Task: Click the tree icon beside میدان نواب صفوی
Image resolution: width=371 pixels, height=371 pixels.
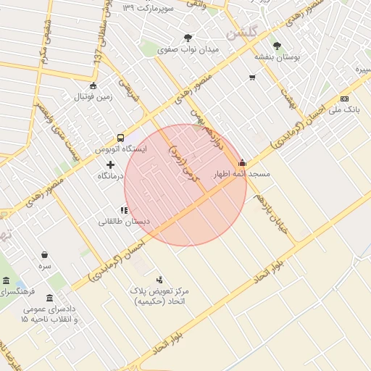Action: [188, 38]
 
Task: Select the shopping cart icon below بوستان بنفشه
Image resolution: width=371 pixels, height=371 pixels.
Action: [252, 78]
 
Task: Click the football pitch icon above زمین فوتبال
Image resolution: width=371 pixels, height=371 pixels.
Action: [93, 86]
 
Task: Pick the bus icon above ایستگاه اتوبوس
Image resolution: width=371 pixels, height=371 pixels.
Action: [120, 137]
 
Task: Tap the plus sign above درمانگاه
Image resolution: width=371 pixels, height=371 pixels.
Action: [110, 164]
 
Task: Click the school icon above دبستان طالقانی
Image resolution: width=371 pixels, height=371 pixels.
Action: [124, 211]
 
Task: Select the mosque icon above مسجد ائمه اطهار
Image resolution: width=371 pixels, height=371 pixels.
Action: [242, 163]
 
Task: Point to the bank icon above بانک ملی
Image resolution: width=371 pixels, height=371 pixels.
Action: [343, 99]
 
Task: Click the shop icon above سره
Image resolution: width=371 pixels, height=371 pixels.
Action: [46, 254]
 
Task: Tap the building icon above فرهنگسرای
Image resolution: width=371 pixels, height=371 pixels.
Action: [6, 280]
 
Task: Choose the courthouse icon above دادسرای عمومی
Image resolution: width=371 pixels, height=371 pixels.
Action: [49, 298]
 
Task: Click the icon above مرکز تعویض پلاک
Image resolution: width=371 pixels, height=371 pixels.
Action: [159, 280]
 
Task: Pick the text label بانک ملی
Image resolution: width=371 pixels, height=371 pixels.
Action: [344, 109]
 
